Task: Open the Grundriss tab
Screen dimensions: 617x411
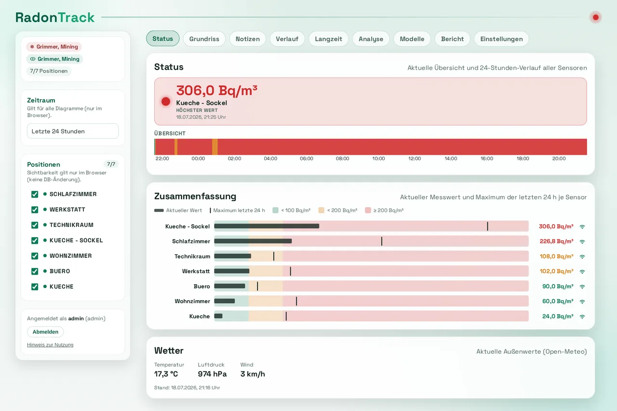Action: click(204, 39)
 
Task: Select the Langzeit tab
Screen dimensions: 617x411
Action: click(328, 39)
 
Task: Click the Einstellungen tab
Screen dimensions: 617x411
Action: click(501, 39)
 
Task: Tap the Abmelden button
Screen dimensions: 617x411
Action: click(45, 331)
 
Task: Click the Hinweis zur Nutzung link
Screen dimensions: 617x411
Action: click(50, 345)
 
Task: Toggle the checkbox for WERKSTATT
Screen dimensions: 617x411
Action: click(35, 210)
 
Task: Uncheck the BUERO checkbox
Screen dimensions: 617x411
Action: click(35, 271)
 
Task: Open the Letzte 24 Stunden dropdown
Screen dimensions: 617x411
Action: click(73, 131)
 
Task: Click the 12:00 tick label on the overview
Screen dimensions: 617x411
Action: click(414, 159)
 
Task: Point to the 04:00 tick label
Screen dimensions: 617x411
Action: click(270, 159)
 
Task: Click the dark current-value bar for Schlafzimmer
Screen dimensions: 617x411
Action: click(253, 241)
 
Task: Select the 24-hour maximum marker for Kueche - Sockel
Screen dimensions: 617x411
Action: click(487, 226)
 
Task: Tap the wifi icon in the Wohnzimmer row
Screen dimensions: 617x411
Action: click(582, 302)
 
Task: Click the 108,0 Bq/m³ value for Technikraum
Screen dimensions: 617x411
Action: click(556, 256)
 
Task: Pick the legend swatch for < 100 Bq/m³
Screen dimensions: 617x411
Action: click(275, 210)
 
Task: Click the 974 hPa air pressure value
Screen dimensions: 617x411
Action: click(212, 374)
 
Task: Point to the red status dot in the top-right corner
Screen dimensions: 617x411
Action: click(595, 17)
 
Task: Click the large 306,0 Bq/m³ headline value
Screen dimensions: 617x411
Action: click(217, 90)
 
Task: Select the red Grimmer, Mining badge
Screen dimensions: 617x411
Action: click(54, 47)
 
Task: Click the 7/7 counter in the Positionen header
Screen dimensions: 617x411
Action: click(111, 164)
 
